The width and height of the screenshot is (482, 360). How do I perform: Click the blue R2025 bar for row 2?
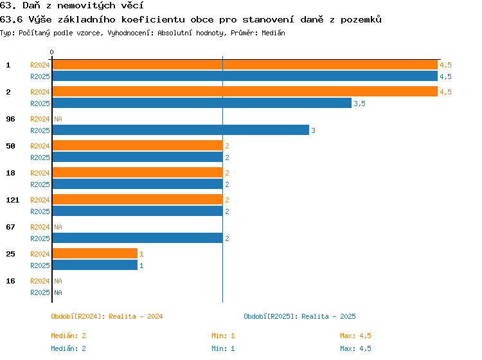(202, 103)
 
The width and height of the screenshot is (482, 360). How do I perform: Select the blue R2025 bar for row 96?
(181, 130)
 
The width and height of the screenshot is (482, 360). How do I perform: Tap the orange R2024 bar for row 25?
(95, 253)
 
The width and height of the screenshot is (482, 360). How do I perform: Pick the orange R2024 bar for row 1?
(245, 64)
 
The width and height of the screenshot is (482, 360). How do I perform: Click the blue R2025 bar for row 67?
(138, 238)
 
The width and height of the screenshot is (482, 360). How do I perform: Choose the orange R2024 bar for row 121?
(138, 199)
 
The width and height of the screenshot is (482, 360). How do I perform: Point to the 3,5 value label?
(359, 104)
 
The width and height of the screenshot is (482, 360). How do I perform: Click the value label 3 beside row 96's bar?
(313, 130)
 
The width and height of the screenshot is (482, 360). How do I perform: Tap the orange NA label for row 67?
(58, 227)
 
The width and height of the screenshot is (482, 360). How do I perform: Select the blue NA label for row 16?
(58, 292)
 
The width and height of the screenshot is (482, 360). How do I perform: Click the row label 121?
(13, 200)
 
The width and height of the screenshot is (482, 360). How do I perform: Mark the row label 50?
(10, 146)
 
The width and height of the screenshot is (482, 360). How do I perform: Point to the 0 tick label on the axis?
(51, 52)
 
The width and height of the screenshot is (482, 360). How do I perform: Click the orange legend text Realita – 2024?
(136, 316)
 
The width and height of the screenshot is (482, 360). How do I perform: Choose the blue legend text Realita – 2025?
(328, 316)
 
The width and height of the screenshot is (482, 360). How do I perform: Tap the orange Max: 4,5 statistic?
(355, 336)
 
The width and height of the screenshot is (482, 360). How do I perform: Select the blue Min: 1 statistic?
(223, 348)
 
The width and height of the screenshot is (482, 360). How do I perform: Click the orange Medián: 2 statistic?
(68, 336)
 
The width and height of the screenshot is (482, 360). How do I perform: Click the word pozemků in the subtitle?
(361, 19)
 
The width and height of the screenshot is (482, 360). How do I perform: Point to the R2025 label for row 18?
(40, 184)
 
